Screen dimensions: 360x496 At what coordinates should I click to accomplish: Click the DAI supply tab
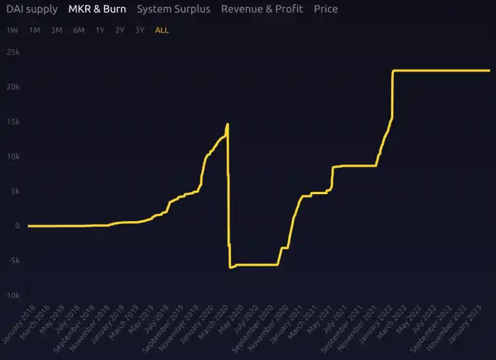tap(32, 9)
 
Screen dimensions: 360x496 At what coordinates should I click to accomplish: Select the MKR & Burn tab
tap(97, 9)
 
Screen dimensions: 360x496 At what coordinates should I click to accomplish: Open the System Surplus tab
tap(174, 9)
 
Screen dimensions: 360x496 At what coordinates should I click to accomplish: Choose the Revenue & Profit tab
tap(261, 9)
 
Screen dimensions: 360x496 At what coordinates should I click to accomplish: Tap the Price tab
tap(326, 9)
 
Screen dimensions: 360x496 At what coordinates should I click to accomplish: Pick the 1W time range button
tap(12, 30)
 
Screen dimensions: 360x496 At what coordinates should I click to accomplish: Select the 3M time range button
tap(57, 30)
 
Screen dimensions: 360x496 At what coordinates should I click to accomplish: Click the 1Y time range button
tap(100, 30)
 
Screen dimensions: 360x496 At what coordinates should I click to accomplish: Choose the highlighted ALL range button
tap(162, 30)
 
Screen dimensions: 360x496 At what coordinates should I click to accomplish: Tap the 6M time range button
tap(79, 30)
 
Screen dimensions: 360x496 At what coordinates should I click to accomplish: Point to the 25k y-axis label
tap(13, 52)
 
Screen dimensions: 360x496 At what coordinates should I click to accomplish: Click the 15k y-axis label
tap(13, 122)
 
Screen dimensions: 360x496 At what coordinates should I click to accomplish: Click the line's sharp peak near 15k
tap(227, 125)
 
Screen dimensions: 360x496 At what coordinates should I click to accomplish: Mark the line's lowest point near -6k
tap(231, 267)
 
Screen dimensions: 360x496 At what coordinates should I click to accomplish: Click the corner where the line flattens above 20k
tap(393, 71)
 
